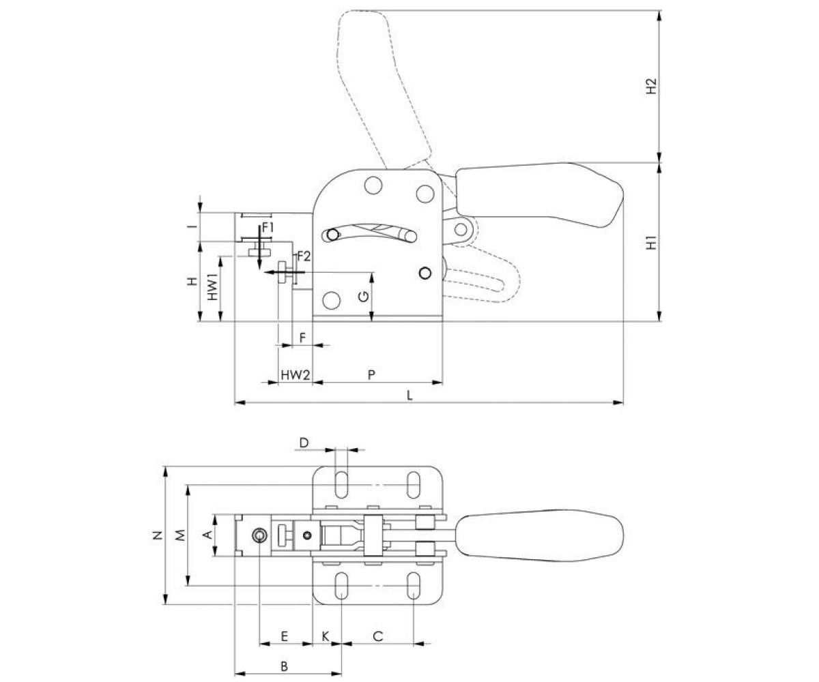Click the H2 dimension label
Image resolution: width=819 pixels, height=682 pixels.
click(x=652, y=87)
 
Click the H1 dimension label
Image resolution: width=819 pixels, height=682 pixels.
click(x=652, y=242)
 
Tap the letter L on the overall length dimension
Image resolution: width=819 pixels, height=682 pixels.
click(x=409, y=395)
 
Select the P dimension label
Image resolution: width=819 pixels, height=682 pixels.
click(x=371, y=374)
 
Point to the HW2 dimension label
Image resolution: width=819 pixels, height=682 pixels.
click(x=296, y=374)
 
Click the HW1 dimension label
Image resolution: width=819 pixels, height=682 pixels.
click(x=213, y=287)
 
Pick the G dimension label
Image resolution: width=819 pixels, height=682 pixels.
click(x=364, y=295)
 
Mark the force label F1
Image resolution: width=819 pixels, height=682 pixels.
click(x=267, y=226)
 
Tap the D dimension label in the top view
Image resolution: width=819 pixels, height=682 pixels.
click(x=304, y=443)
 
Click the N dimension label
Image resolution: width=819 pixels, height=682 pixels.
click(x=158, y=535)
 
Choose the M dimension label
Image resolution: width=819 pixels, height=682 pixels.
click(x=179, y=535)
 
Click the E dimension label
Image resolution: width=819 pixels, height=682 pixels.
click(x=285, y=636)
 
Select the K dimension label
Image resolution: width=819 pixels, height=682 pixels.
click(x=326, y=636)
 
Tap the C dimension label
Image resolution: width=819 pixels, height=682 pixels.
click(x=377, y=636)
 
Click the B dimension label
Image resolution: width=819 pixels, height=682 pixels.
click(x=285, y=665)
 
